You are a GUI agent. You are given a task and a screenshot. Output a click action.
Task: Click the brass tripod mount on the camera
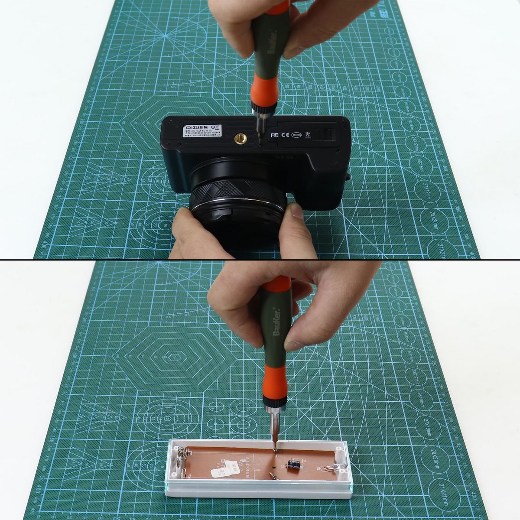[240, 139]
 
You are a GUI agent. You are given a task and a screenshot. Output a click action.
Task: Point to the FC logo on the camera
[274, 135]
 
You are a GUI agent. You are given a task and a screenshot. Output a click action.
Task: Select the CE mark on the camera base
[286, 135]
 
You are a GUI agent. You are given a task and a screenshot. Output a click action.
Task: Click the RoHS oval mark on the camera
[297, 135]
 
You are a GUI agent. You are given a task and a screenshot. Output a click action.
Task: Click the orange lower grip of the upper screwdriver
[261, 93]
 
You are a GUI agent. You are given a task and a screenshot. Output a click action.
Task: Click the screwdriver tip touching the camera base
[259, 143]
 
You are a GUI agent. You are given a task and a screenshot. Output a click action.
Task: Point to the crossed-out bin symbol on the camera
[308, 134]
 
